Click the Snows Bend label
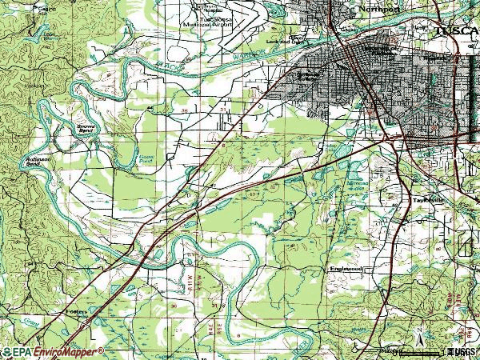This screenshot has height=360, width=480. [x=85, y=129]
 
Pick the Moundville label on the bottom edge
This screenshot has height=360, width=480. [x=390, y=350]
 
